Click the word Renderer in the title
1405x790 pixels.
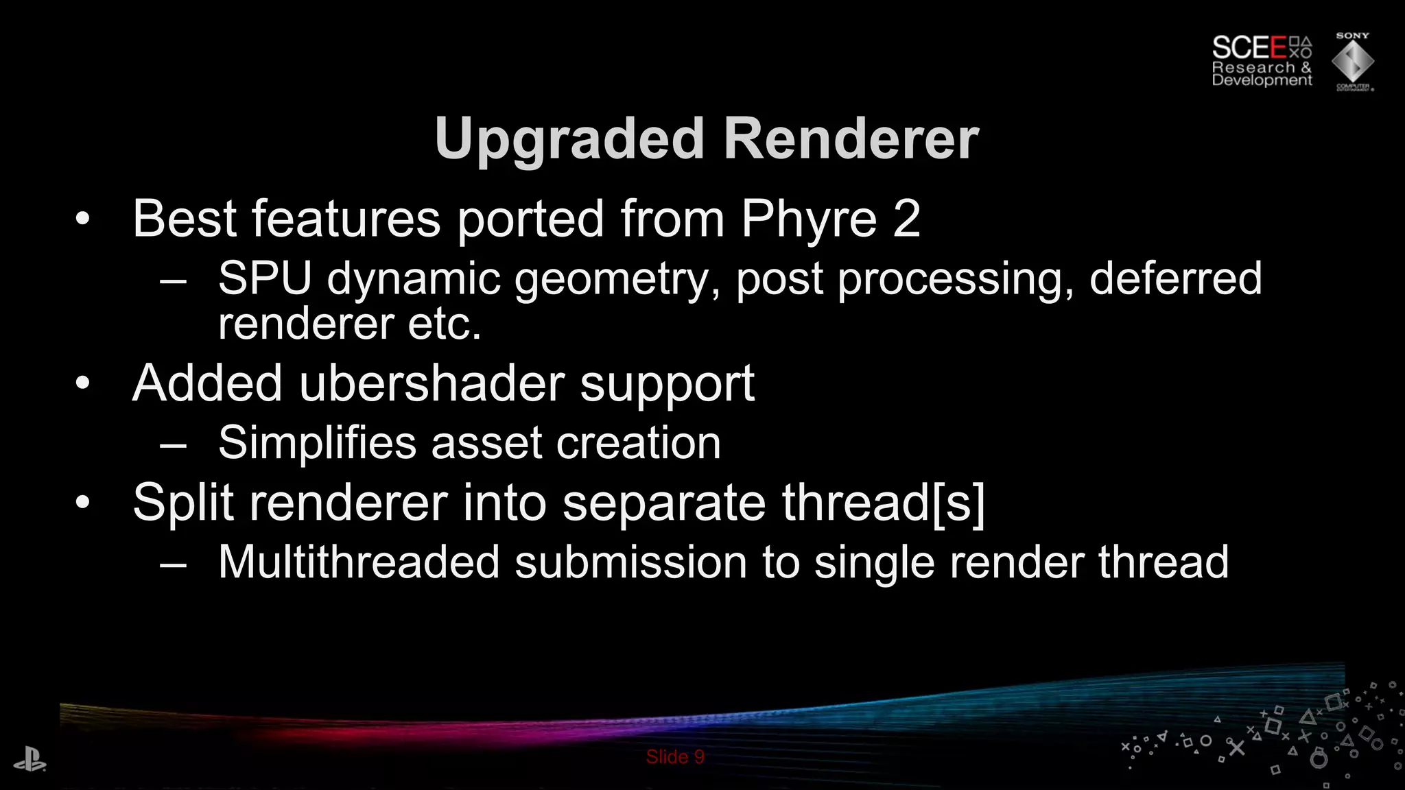click(851, 139)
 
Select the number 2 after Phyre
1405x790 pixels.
click(906, 219)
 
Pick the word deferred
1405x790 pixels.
click(1175, 278)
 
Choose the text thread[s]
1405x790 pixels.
click(883, 503)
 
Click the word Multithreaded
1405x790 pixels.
click(359, 562)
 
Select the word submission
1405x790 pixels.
click(630, 562)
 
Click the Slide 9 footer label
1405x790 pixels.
click(675, 757)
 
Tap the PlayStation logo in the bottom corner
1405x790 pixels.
click(29, 761)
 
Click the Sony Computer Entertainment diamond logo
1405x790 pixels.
click(1352, 62)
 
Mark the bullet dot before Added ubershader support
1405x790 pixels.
click(82, 383)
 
